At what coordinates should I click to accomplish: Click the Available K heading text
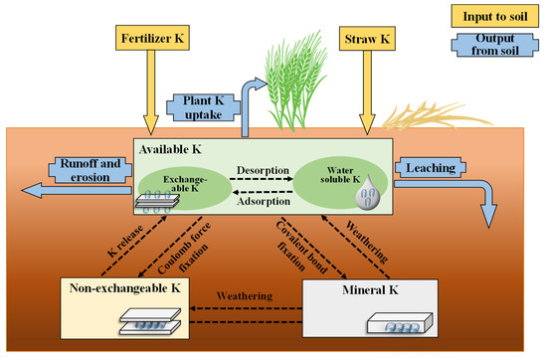[173, 148]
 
